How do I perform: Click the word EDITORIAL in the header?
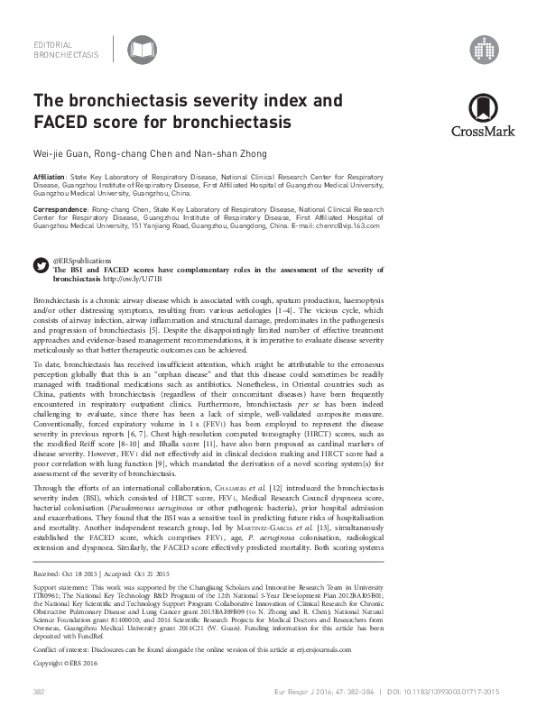pyautogui.click(x=52, y=43)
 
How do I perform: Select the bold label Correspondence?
pyautogui.click(x=60, y=208)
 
